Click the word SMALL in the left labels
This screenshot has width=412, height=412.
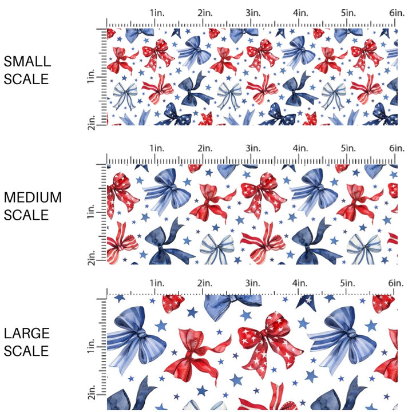27,62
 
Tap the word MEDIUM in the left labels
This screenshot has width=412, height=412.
33,197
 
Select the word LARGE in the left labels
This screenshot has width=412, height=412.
26,333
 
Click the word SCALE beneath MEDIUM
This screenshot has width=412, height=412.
27,215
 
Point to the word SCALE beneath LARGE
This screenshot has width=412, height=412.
27,351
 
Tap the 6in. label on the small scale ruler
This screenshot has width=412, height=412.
395,12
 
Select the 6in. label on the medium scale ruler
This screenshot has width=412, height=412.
395,148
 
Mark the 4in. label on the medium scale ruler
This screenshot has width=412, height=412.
300,148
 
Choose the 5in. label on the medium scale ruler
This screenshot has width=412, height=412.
348,148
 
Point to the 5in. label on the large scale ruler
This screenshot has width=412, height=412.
348,283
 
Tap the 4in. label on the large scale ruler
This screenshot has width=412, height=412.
300,283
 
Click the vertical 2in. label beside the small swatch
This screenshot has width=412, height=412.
92,121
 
